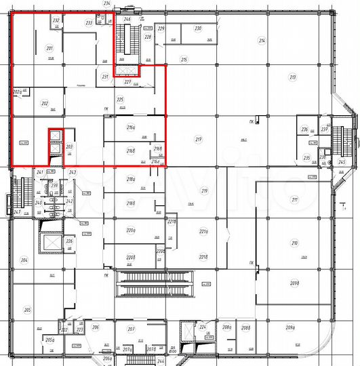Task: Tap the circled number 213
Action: point(293,78)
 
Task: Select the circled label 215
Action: point(184,60)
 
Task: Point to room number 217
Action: point(199,140)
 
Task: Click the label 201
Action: point(49,48)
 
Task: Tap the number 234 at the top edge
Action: point(106,3)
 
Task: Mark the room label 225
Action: point(120,99)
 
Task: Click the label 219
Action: point(204,190)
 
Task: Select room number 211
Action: point(294,199)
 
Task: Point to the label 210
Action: point(294,243)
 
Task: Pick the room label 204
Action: point(25,260)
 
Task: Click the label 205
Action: point(27,310)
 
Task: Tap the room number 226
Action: point(69,241)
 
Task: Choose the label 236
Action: point(305,129)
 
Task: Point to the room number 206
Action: point(96,327)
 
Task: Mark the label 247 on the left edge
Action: point(16,212)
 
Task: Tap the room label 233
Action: point(89,22)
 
